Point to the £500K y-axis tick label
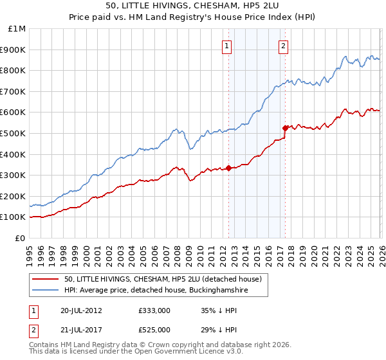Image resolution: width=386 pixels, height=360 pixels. point(14,133)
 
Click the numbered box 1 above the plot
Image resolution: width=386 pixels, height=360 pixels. point(228,45)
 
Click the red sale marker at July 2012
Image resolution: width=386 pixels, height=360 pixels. point(228,168)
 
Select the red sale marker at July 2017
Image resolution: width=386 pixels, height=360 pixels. point(284,128)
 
